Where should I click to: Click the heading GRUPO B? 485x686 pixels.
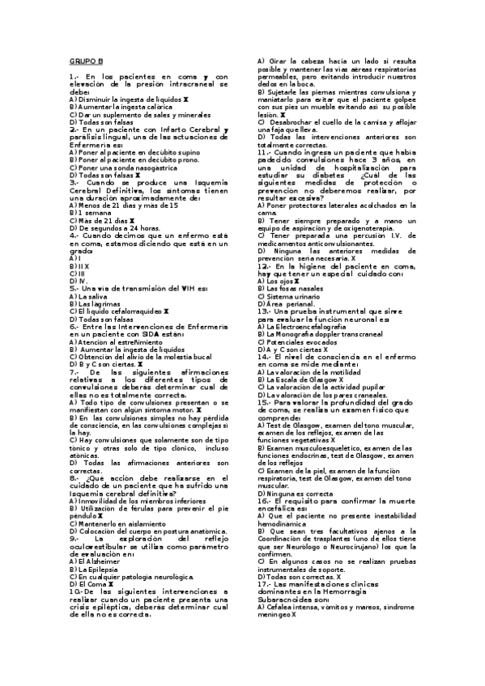point(86,61)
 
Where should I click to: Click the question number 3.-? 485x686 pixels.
point(74,183)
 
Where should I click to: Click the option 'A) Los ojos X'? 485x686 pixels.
point(278,281)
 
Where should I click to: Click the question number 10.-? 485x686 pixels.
point(74,591)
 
